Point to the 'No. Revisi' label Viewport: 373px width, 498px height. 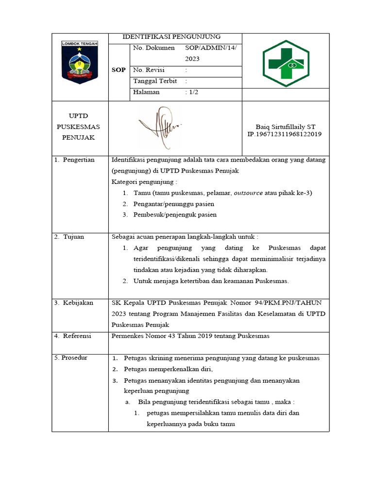point(149,70)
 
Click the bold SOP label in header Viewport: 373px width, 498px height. point(119,70)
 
